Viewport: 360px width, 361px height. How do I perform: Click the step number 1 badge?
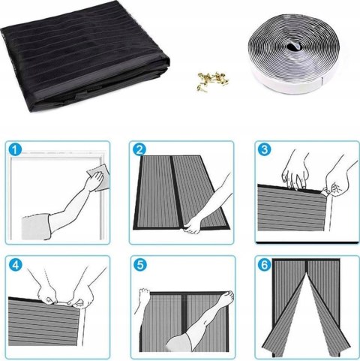point(15,149)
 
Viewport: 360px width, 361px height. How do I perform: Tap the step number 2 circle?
point(139,149)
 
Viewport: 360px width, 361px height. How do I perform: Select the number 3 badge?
point(264,149)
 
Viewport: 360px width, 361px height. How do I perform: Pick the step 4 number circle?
point(16,265)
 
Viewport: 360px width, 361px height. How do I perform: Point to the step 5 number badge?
point(140,265)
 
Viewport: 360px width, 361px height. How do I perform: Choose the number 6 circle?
point(265,265)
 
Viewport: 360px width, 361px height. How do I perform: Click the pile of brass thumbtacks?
point(213,80)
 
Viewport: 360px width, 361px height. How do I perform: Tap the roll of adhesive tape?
point(295,53)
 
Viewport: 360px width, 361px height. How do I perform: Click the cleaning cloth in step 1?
point(99,176)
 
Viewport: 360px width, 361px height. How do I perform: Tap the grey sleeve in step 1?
point(36,227)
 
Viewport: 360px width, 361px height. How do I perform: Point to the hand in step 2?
point(193,225)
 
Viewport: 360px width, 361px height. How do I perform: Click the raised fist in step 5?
point(144,294)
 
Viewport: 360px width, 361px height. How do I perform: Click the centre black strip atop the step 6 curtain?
point(306,267)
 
